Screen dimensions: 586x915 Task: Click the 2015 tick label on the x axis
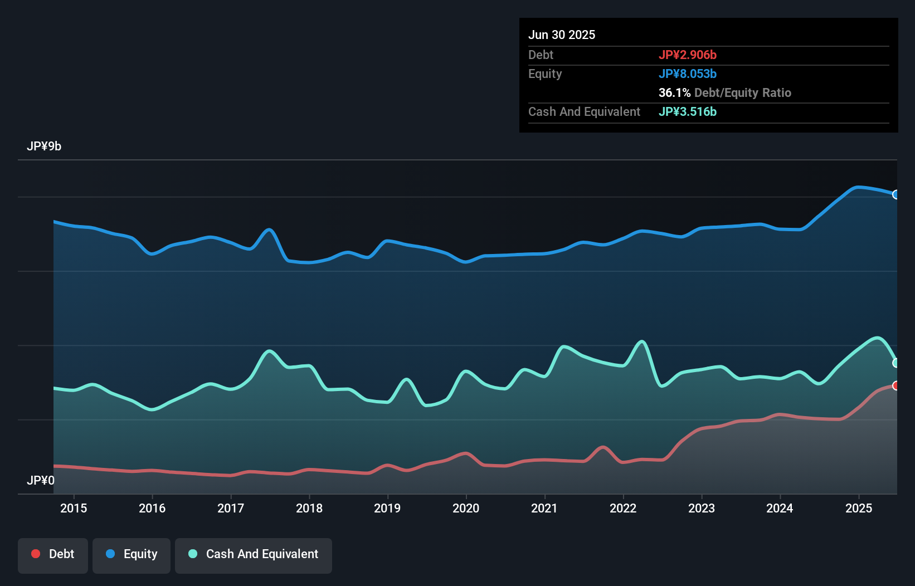[x=74, y=508]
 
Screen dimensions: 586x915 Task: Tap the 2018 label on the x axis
[x=309, y=508]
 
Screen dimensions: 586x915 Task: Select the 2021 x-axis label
[x=544, y=508]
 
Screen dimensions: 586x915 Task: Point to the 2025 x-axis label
[x=859, y=508]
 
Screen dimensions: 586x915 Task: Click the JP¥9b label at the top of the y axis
[x=44, y=146]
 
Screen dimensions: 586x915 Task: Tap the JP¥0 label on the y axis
[x=41, y=480]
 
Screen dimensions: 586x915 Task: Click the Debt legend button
[x=53, y=554]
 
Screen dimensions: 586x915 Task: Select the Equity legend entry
[x=132, y=554]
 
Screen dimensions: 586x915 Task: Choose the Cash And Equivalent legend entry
[x=254, y=554]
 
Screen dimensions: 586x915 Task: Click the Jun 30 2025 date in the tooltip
[x=562, y=35]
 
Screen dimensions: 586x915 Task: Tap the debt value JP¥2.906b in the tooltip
[x=688, y=55]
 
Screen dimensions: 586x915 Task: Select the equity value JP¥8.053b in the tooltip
[x=688, y=74]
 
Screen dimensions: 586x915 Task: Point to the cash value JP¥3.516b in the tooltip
[x=688, y=111]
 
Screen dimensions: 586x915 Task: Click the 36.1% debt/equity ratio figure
[x=674, y=92]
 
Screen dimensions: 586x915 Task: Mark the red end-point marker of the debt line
[x=896, y=385]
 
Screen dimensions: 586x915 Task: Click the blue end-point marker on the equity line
[x=896, y=194]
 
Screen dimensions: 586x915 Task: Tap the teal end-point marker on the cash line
[x=896, y=363]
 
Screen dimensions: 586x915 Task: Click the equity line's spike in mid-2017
[x=269, y=229]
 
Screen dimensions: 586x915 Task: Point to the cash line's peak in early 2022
[x=642, y=341]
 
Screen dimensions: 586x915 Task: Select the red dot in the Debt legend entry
[x=36, y=554]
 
